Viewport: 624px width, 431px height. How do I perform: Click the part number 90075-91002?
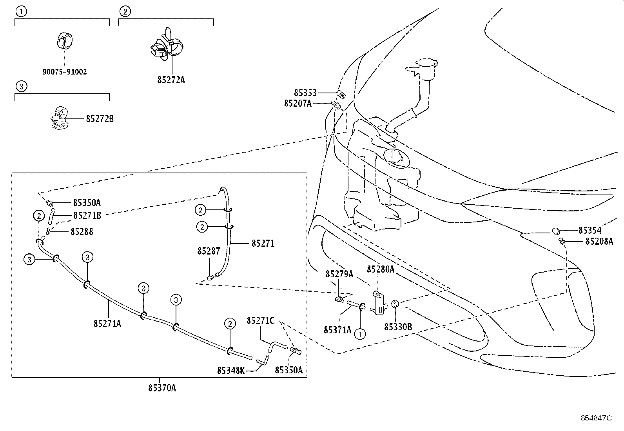click(65, 72)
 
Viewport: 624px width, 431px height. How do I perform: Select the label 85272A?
click(171, 80)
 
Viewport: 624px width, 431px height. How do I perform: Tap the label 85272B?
click(100, 119)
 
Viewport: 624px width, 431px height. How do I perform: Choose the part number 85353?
click(306, 93)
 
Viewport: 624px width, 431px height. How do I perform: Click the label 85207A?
click(298, 104)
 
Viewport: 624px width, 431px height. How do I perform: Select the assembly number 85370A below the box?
click(162, 388)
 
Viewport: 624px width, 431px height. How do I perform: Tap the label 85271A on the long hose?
click(107, 324)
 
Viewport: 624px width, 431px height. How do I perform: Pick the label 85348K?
click(231, 371)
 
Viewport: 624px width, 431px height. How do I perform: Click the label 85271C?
click(261, 321)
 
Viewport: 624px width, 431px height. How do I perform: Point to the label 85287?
click(209, 251)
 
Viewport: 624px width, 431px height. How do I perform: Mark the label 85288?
click(82, 232)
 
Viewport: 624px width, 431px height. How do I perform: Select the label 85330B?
click(398, 327)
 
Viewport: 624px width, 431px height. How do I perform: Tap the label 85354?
click(590, 231)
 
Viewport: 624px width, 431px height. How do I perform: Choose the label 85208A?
click(599, 242)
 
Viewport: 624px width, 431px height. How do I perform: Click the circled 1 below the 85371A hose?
click(360, 334)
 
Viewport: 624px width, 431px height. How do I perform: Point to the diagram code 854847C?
click(596, 418)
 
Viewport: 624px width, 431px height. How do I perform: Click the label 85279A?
click(339, 274)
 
